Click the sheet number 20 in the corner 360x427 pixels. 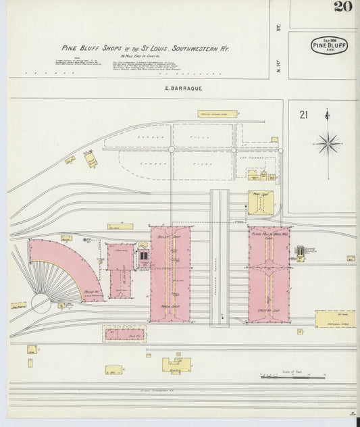point(342,7)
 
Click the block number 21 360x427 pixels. point(303,115)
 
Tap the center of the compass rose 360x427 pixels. point(328,143)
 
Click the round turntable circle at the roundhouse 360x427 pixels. point(41,304)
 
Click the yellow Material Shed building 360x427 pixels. point(335,319)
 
